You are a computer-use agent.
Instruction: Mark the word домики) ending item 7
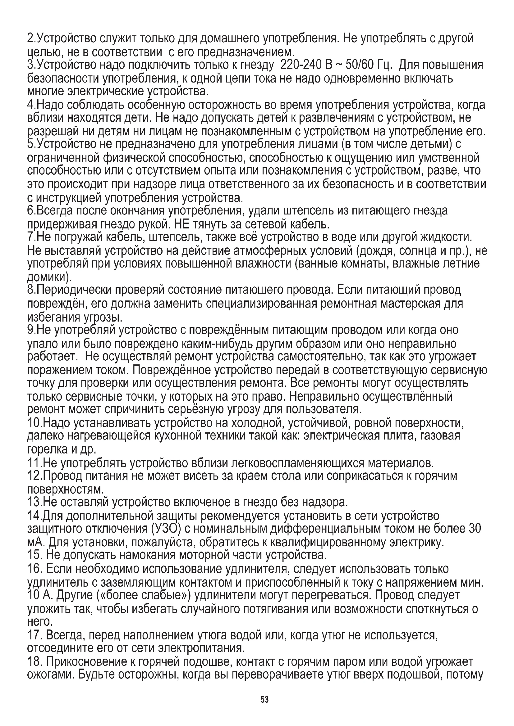tap(50, 277)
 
